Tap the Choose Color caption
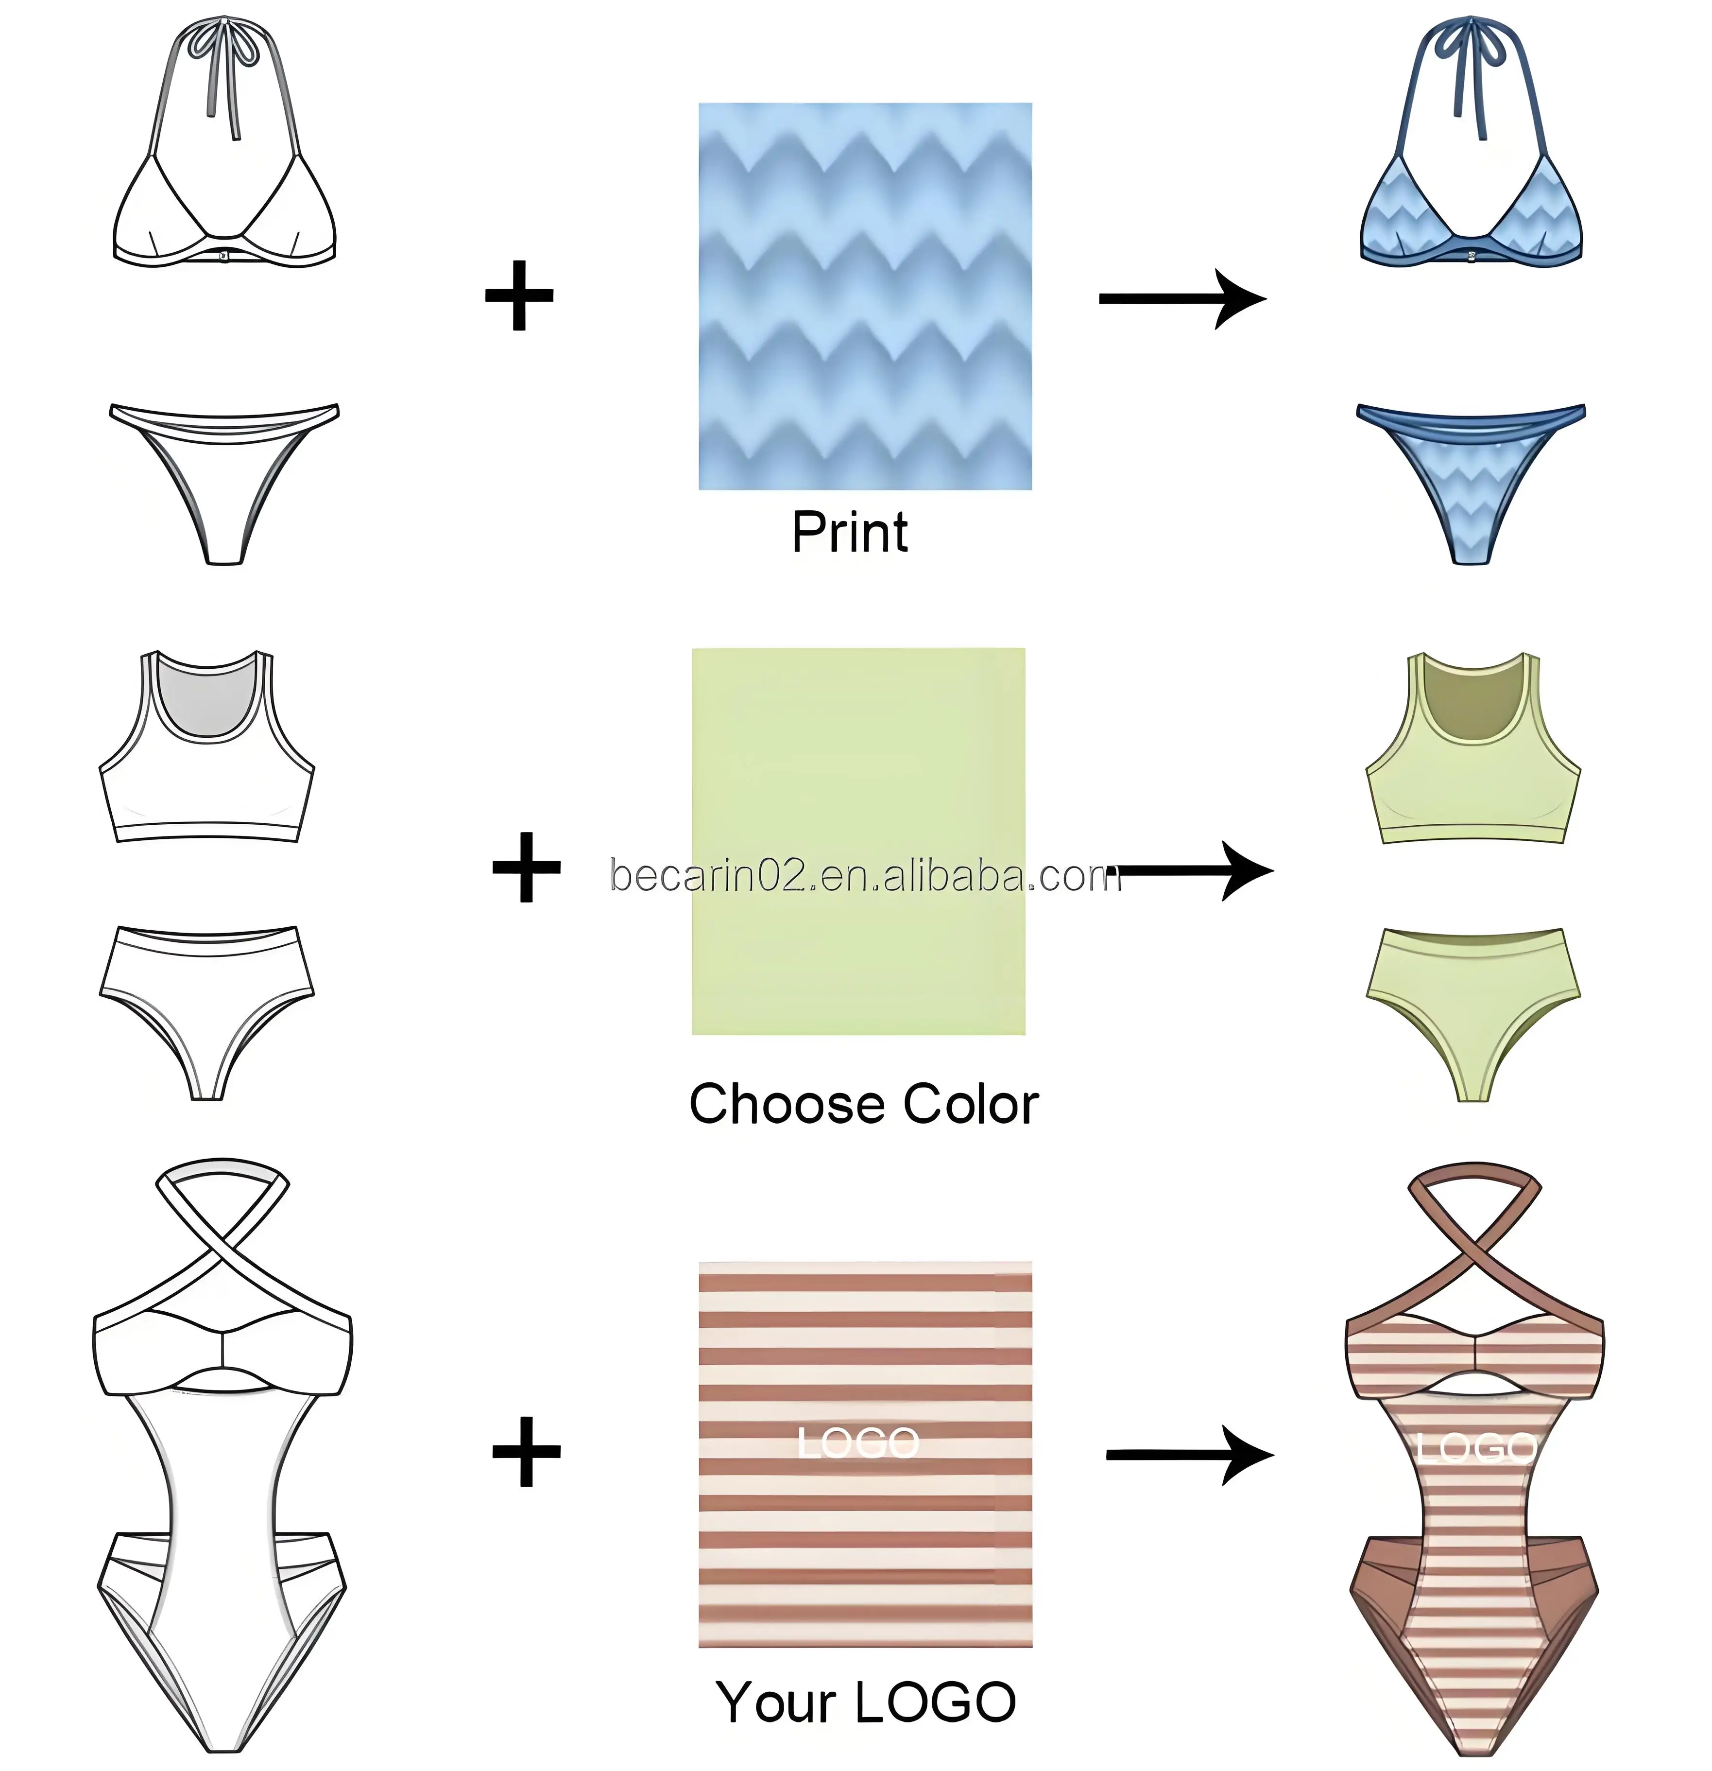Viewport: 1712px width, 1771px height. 864,1104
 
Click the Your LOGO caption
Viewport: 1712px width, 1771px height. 866,1703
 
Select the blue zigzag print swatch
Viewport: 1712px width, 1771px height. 865,296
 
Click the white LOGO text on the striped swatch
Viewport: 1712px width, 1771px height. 858,1443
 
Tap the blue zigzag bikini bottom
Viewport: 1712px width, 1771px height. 1470,479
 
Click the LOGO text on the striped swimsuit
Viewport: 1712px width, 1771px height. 1475,1448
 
